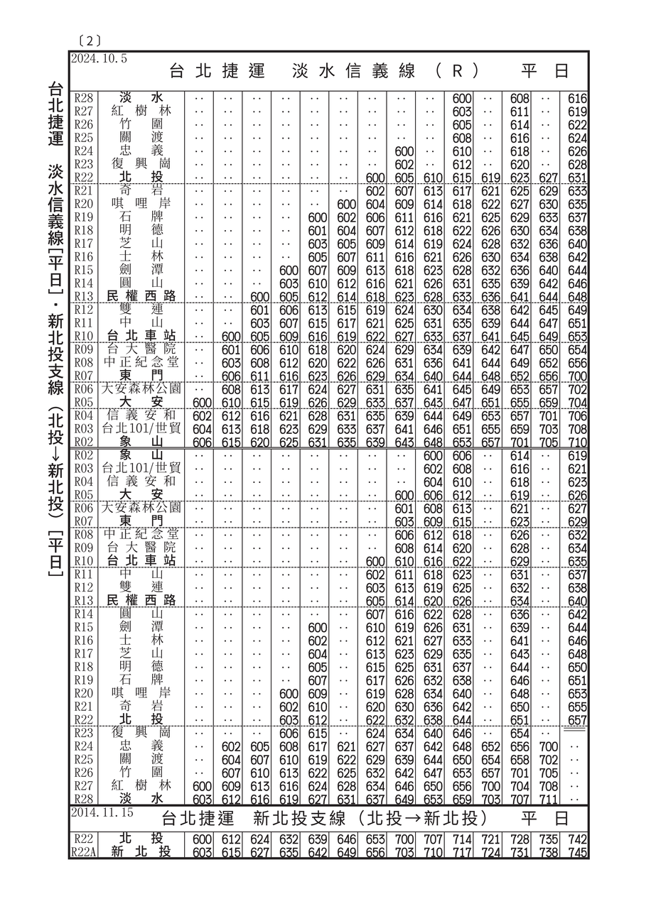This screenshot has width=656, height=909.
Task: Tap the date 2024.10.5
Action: coord(99,59)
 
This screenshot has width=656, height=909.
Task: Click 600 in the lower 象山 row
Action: coord(433,455)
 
